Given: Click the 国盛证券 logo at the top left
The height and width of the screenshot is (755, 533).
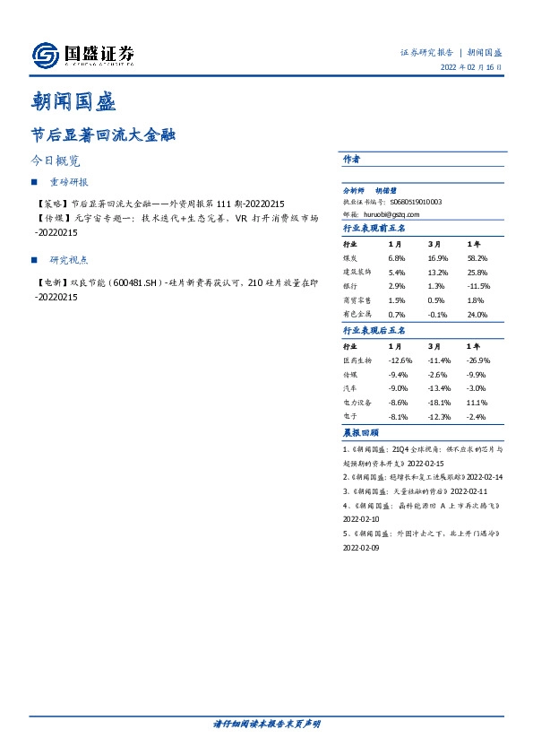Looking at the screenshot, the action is (83, 56).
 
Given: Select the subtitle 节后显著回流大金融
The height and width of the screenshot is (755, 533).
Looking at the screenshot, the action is (102, 135).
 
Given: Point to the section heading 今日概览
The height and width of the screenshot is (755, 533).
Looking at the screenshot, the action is (56, 161).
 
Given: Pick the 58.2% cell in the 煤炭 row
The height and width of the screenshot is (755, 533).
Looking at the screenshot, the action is (477, 257).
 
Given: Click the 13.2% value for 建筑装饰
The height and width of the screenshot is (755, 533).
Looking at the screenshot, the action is (437, 272).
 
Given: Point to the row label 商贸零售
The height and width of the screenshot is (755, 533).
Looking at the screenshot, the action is (357, 300).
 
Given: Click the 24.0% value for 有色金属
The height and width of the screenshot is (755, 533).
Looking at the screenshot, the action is (477, 315).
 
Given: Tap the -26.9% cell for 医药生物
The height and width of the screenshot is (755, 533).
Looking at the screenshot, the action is (479, 360).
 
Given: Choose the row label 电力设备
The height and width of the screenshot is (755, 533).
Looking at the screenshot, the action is (357, 403).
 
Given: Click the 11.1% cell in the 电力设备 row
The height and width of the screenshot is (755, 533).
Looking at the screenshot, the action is (477, 403).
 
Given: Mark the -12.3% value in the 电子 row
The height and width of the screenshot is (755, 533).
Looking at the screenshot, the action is (439, 417).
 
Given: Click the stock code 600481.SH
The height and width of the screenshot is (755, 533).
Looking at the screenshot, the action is (132, 283).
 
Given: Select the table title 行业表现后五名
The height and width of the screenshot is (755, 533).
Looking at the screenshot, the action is (374, 330).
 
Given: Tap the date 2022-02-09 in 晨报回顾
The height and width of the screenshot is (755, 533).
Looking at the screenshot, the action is (362, 548).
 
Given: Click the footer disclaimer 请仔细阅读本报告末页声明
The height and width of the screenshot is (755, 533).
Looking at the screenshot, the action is (266, 724).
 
